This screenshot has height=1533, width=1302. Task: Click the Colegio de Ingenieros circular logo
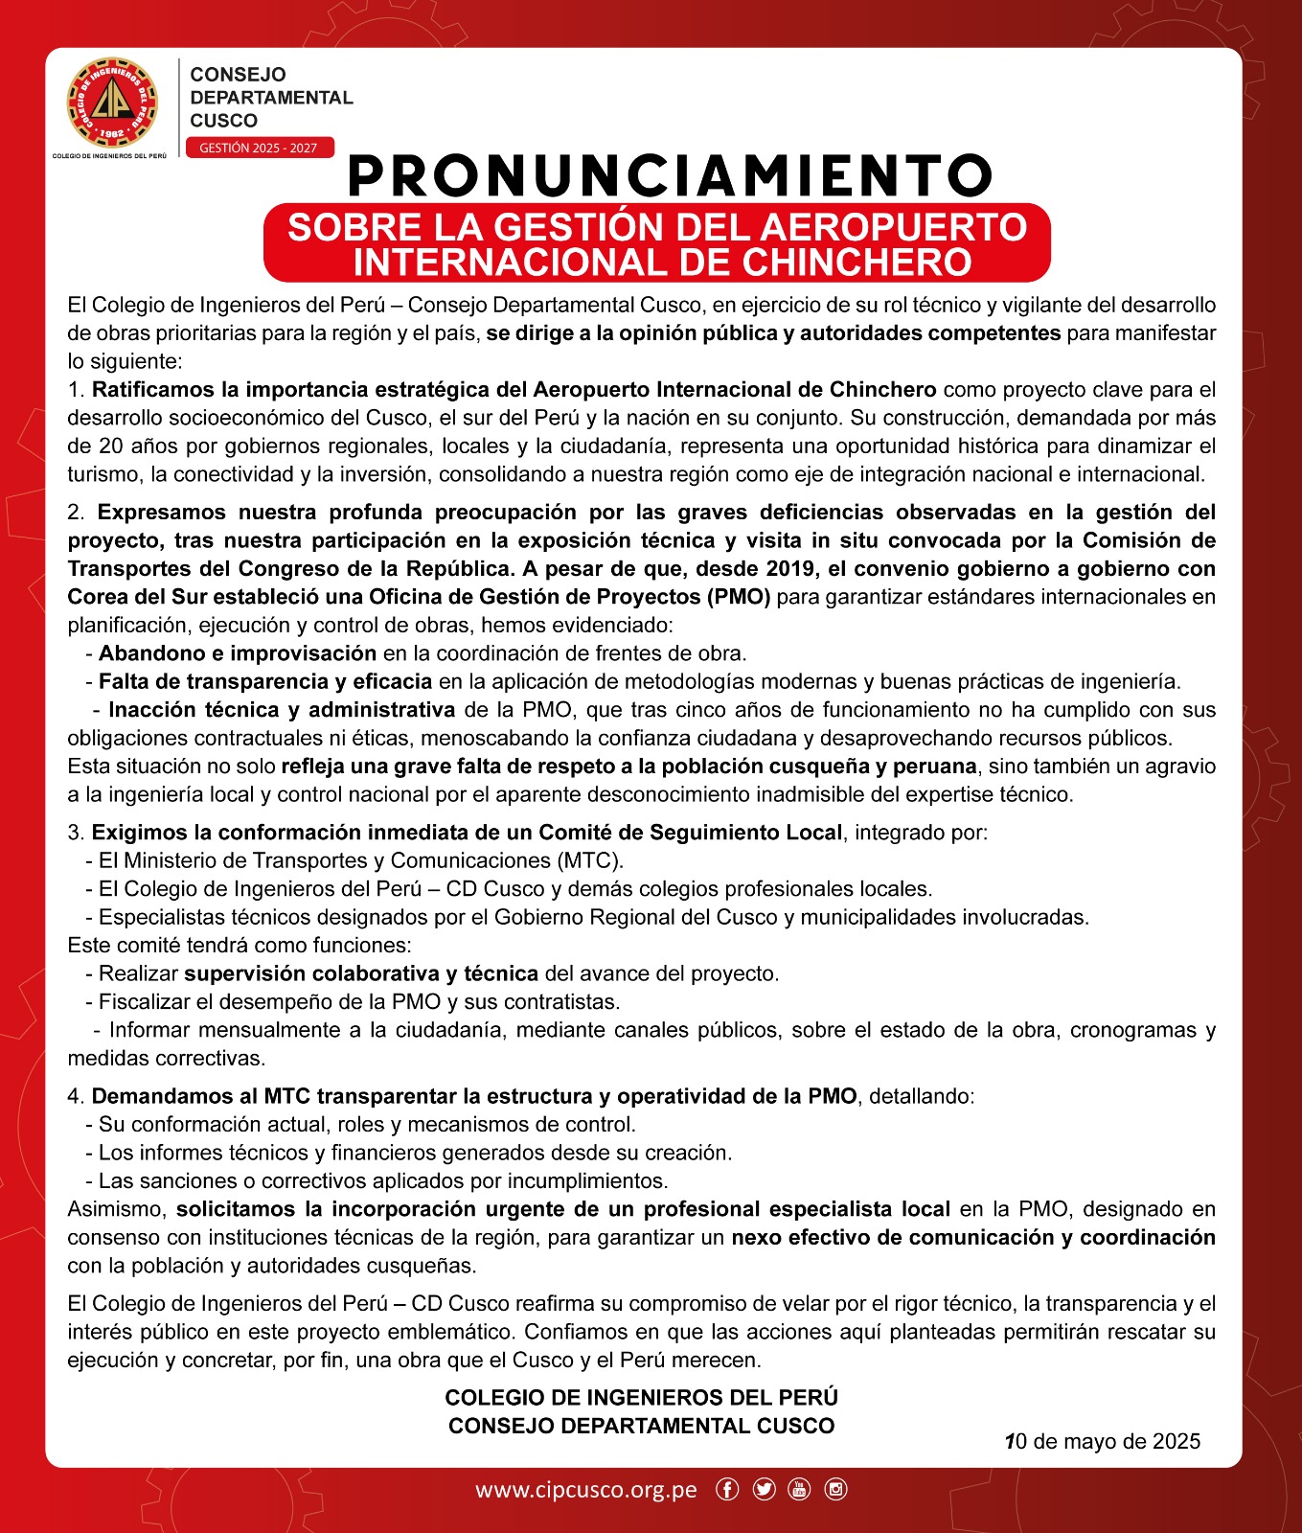coord(112,102)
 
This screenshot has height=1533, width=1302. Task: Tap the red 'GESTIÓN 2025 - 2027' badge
coord(259,148)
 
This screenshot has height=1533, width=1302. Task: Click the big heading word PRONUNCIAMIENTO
coord(670,175)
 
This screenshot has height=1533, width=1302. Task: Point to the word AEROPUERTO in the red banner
coord(894,227)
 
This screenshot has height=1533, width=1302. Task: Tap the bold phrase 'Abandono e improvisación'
coord(237,653)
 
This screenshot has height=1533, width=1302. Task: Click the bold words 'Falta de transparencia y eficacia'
coord(265,681)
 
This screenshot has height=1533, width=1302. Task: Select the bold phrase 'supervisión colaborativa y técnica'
coord(361,973)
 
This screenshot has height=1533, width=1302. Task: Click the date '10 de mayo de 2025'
coord(1103,1441)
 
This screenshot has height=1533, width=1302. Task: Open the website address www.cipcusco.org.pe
coord(586,1490)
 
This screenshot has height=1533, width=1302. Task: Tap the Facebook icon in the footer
coord(727,1489)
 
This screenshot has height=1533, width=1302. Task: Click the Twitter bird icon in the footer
coord(764,1489)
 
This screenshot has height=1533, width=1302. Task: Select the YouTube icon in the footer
coord(799,1489)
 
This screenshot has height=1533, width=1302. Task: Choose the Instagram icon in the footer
coord(835,1489)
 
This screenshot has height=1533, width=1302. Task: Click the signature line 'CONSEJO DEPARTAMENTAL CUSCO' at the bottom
coord(641,1426)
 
